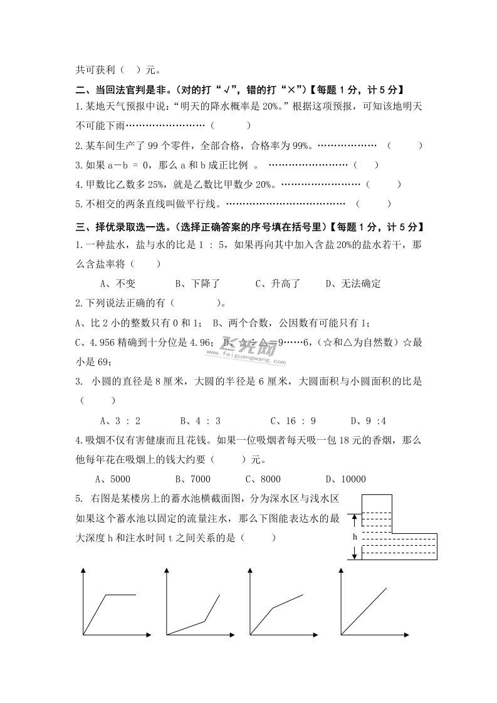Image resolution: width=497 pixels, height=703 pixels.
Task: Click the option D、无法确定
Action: coord(353,283)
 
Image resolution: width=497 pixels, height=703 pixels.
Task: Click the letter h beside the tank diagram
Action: coord(355,537)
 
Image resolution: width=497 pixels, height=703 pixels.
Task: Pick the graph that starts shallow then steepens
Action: coord(193,605)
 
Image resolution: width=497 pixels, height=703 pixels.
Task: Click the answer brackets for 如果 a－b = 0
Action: coord(366,165)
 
